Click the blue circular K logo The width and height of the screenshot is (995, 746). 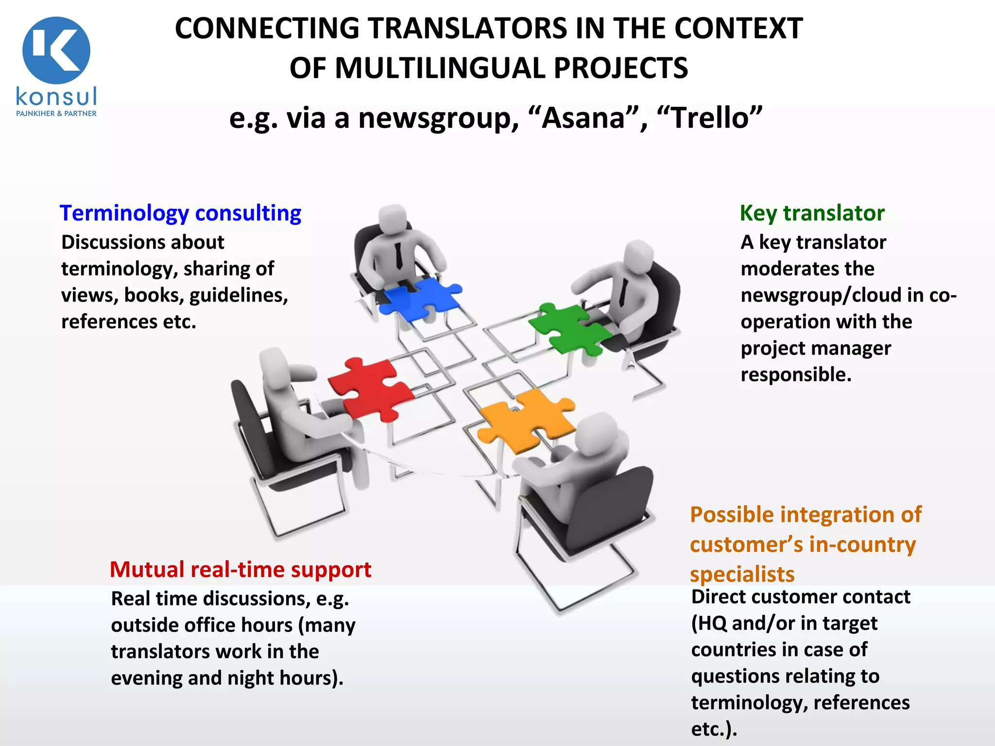click(56, 51)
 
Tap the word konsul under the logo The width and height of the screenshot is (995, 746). click(56, 96)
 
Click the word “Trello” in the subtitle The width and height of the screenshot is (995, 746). click(709, 118)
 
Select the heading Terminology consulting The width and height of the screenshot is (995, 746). click(180, 213)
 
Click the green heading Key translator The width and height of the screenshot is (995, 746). click(812, 213)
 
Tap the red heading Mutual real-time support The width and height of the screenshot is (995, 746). click(240, 569)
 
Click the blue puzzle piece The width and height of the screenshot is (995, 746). click(419, 297)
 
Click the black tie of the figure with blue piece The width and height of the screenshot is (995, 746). click(398, 255)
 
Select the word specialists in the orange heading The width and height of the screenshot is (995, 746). click(742, 574)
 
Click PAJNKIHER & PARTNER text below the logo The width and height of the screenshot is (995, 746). click(56, 114)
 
